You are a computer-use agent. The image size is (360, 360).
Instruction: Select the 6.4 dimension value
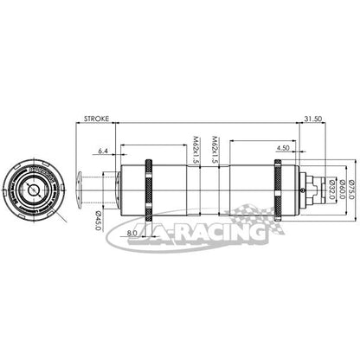click(x=103, y=151)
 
